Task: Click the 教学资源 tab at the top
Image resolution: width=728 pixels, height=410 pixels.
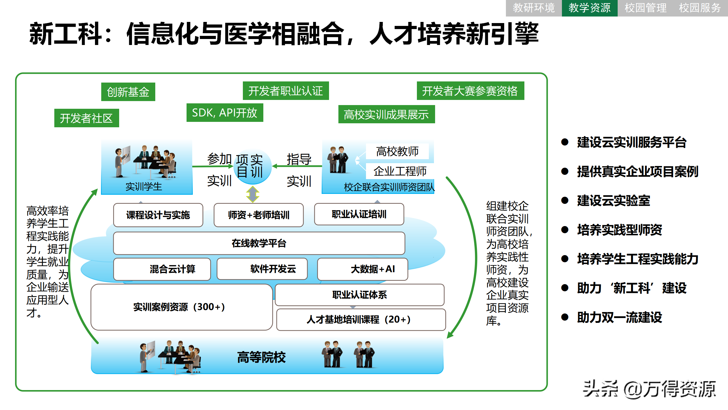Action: pyautogui.click(x=589, y=8)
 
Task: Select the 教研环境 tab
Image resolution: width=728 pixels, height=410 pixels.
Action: pyautogui.click(x=533, y=8)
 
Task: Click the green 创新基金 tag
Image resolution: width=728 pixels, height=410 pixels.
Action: pyautogui.click(x=128, y=92)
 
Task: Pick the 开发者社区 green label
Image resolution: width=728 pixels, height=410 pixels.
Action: pyautogui.click(x=86, y=118)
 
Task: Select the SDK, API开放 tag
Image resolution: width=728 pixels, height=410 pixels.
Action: pyautogui.click(x=225, y=113)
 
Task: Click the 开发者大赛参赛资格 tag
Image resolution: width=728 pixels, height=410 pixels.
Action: pyautogui.click(x=470, y=91)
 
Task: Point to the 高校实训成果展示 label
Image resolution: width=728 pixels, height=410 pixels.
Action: pyautogui.click(x=386, y=114)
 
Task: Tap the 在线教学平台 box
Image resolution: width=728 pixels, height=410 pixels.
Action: pyautogui.click(x=259, y=243)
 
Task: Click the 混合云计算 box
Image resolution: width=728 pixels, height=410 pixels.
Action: pyautogui.click(x=162, y=269)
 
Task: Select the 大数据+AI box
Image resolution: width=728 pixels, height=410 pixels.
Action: pyautogui.click(x=362, y=269)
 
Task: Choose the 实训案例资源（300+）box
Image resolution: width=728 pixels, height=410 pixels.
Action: pyautogui.click(x=181, y=307)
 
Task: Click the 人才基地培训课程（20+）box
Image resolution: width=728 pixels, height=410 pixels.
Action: pyautogui.click(x=361, y=319)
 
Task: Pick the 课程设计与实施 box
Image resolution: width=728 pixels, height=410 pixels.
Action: pyautogui.click(x=158, y=215)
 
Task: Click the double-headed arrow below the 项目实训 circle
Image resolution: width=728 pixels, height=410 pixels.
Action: pyautogui.click(x=253, y=194)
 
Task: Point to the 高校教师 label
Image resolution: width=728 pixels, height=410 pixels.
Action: pyautogui.click(x=397, y=151)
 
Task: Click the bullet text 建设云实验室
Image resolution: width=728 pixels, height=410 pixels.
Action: pyautogui.click(x=613, y=201)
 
